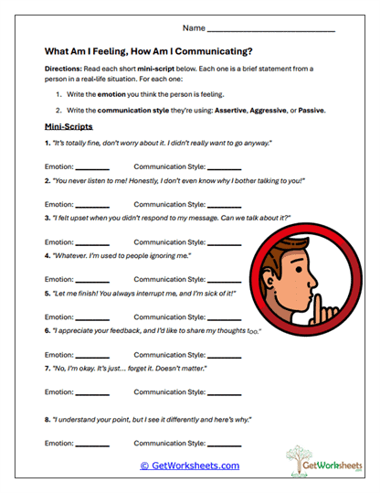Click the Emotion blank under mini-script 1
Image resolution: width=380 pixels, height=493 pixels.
91,169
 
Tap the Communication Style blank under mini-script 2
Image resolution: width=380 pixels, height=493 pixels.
225,207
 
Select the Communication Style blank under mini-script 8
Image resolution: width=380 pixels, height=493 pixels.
225,444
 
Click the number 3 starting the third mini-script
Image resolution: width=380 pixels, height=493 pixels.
46,219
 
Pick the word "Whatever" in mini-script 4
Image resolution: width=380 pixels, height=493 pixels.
72,256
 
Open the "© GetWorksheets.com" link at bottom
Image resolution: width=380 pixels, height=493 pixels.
189,465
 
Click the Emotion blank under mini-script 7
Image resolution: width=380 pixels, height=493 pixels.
91,393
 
